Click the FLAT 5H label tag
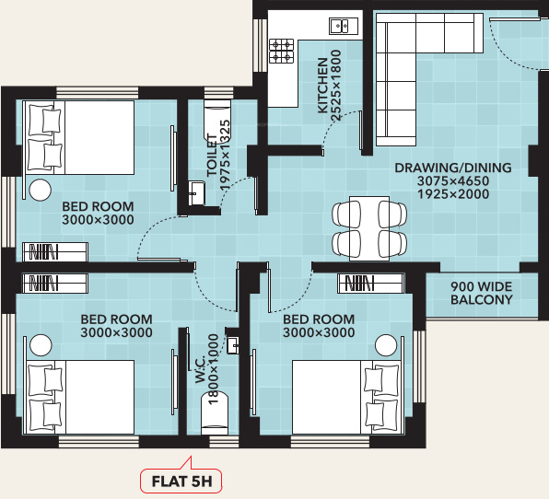point(181,480)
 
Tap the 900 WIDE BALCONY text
point(481,293)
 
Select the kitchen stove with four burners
point(282,51)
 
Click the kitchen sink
point(338,26)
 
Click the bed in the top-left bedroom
point(78,137)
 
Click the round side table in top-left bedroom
point(40,191)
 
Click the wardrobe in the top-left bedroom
point(54,251)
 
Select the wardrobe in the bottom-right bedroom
point(370,282)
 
